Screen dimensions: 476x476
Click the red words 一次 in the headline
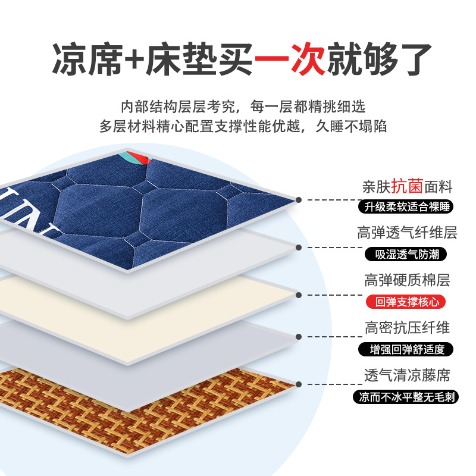tap(290, 59)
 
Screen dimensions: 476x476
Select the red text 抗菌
tap(407, 186)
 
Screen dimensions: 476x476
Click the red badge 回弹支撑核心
tap(406, 302)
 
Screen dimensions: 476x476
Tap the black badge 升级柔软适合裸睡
tap(406, 206)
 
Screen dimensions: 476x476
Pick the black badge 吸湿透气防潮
tap(406, 255)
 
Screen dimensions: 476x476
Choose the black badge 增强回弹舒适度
tap(406, 349)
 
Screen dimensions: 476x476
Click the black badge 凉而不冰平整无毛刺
tap(406, 397)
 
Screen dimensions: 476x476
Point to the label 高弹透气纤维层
tap(407, 233)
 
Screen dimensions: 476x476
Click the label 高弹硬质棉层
tap(407, 280)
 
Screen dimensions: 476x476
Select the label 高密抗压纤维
tap(407, 328)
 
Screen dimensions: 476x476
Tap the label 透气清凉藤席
tap(407, 375)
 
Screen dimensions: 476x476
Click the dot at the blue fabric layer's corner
tap(299, 200)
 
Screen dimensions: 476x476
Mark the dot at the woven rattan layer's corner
tap(299, 384)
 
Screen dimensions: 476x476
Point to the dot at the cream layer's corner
tap(299, 295)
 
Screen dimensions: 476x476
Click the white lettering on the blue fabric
tap(30, 212)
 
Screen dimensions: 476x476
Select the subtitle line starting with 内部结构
tap(243, 107)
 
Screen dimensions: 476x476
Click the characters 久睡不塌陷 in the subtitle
tap(351, 126)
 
